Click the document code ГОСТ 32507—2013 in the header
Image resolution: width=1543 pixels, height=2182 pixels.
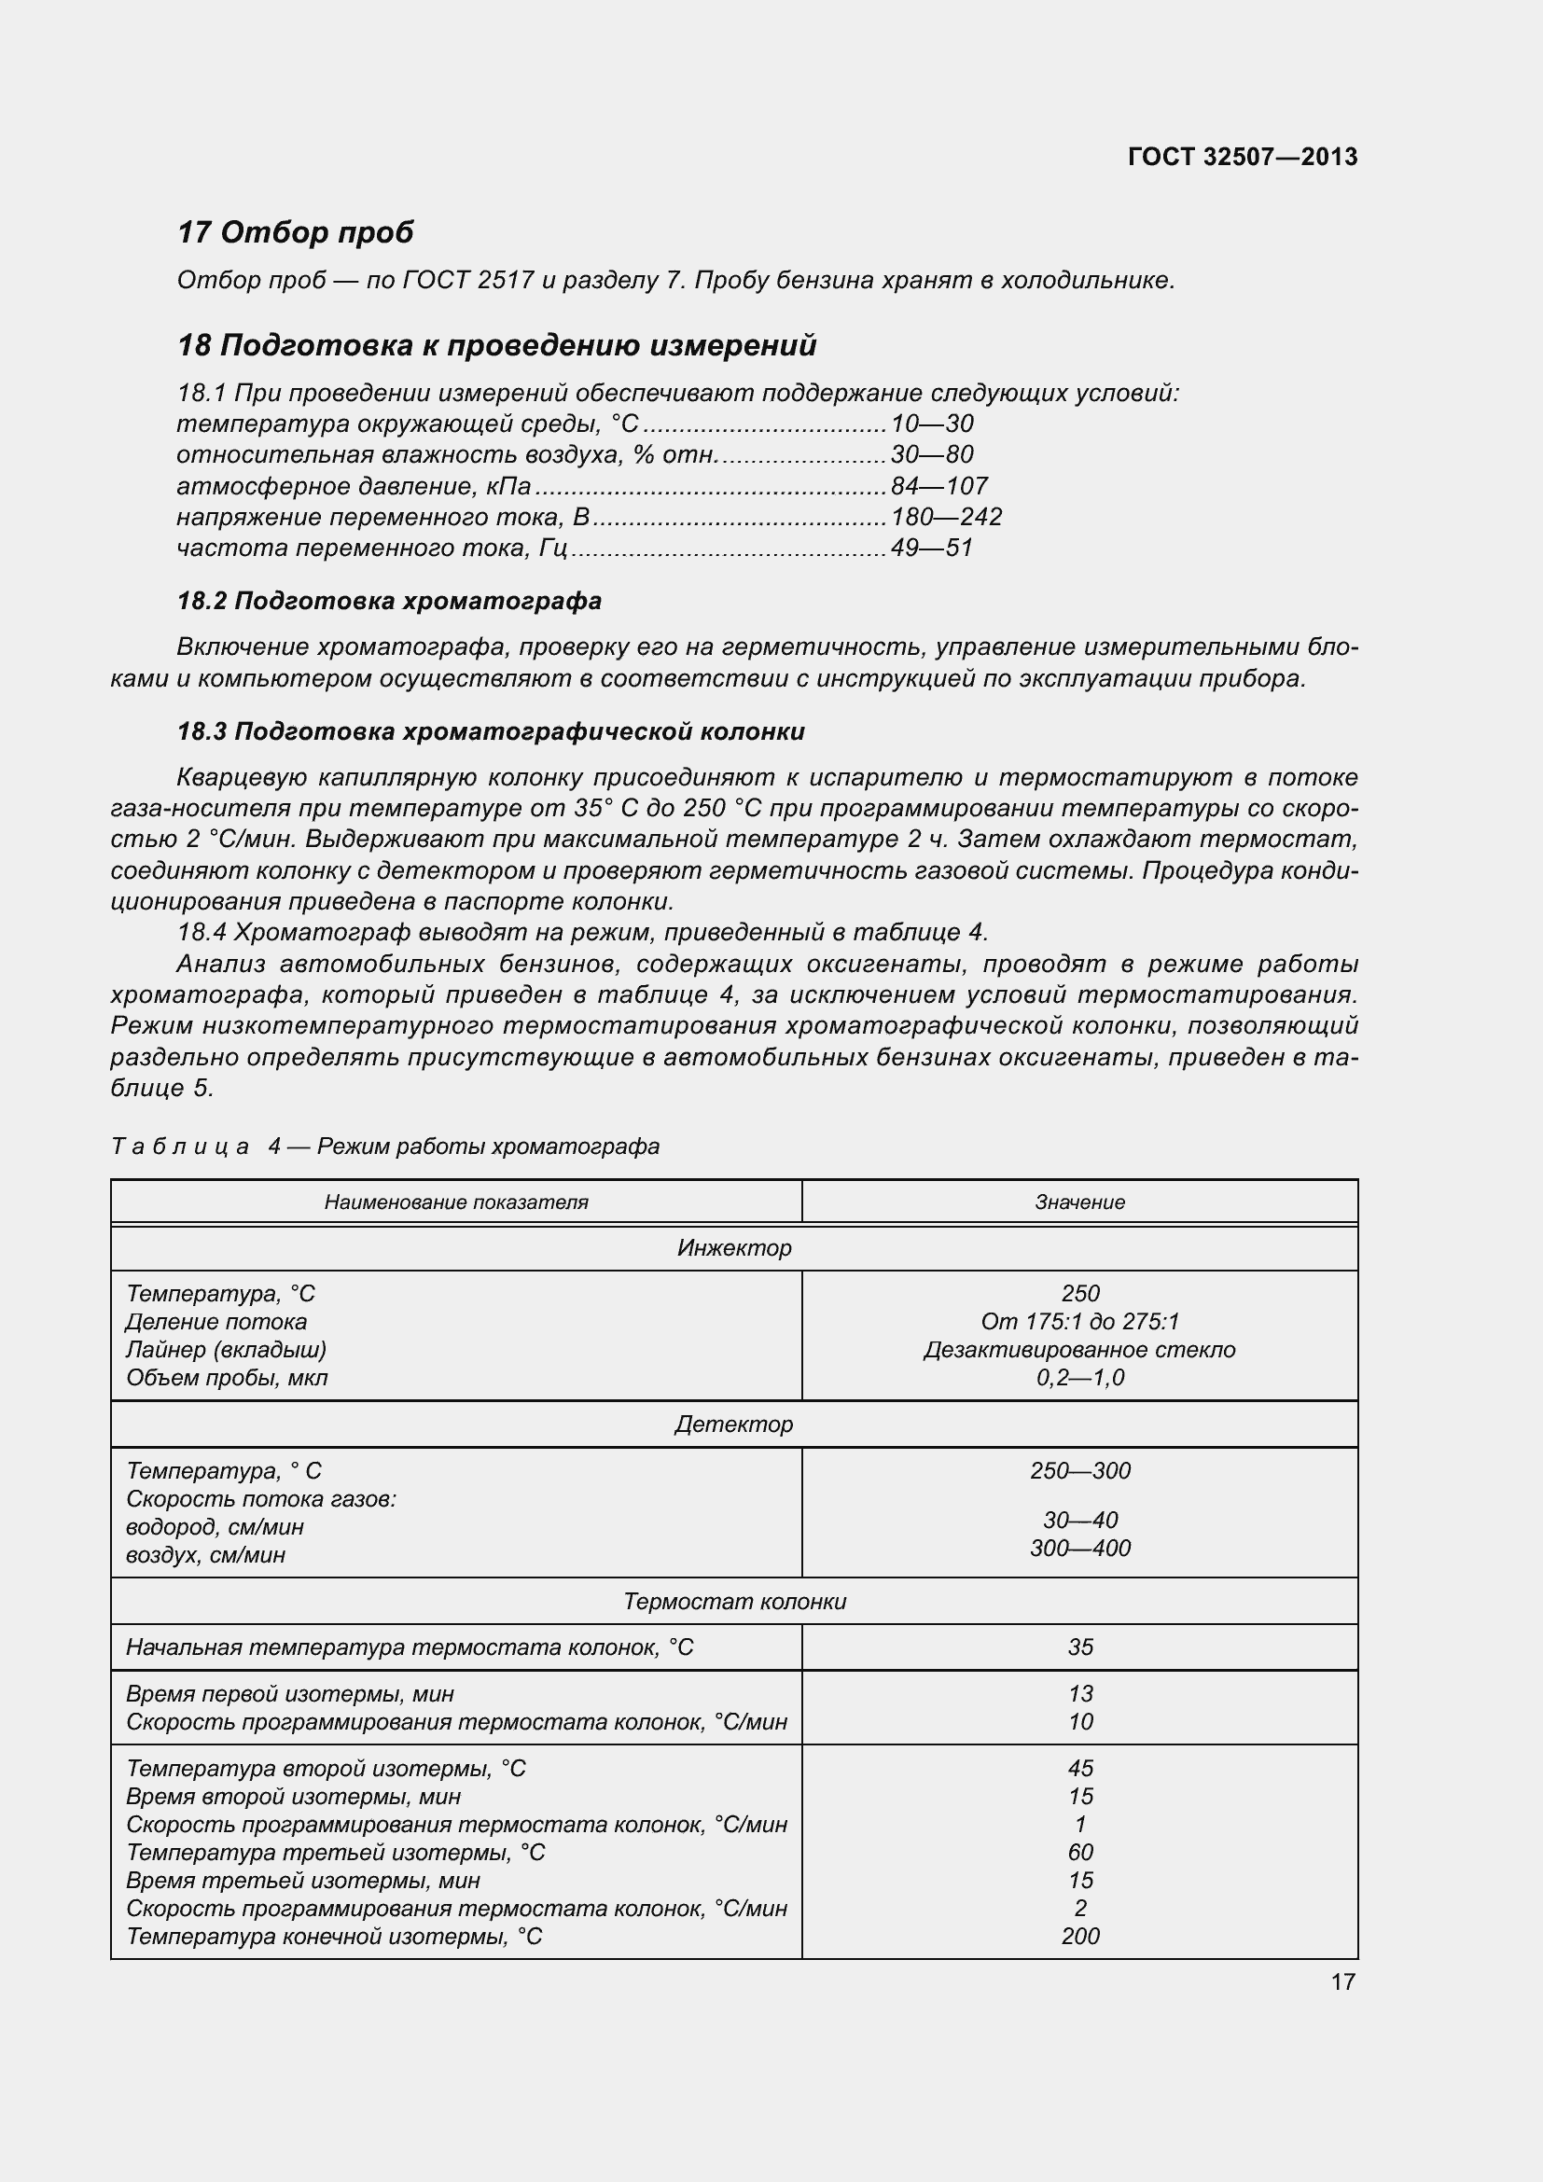(x=1242, y=157)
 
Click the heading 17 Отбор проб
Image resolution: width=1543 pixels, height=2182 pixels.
(x=296, y=232)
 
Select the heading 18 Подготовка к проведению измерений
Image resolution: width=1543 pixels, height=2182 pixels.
(x=497, y=345)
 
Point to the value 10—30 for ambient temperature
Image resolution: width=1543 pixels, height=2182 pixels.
(x=931, y=424)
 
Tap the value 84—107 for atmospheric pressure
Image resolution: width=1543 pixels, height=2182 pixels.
(x=938, y=487)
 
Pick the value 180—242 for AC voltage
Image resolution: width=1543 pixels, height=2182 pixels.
(x=946, y=517)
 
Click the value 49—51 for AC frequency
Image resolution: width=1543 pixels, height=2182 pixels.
(x=931, y=549)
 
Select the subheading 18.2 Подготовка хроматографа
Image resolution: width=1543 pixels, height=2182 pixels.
(x=390, y=601)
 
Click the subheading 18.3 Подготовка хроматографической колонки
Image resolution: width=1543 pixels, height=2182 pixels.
(x=491, y=731)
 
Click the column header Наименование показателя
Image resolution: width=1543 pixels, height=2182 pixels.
(x=456, y=1202)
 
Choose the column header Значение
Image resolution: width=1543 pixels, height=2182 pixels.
(x=1079, y=1202)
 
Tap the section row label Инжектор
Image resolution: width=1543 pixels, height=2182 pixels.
(x=733, y=1248)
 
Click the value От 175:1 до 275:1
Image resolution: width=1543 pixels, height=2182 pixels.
(x=1079, y=1322)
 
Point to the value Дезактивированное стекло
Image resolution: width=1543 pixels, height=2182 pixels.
(x=1079, y=1350)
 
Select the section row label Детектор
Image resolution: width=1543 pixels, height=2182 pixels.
(x=733, y=1425)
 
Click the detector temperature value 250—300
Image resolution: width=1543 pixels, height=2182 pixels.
(x=1079, y=1471)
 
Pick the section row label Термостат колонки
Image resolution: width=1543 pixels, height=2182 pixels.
(x=733, y=1602)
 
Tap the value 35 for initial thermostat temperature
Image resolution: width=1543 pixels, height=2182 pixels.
(x=1079, y=1647)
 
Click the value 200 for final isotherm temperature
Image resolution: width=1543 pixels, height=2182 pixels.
(x=1079, y=1936)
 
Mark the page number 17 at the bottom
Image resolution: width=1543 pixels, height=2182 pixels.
(x=1342, y=1981)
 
